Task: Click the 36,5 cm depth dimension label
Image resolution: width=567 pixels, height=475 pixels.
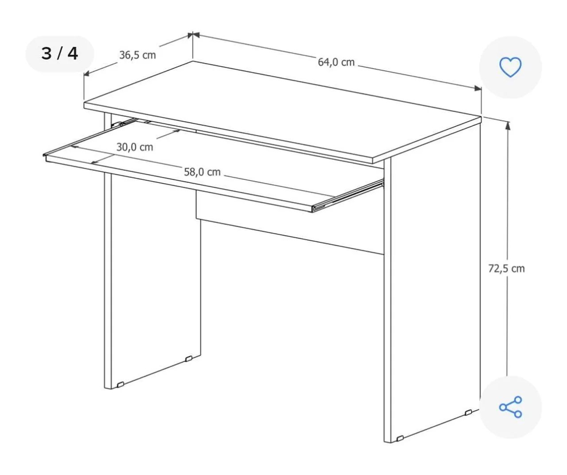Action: (x=137, y=55)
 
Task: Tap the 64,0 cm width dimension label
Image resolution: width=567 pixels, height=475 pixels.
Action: (x=336, y=62)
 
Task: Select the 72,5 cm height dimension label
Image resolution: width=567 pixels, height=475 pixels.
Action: (x=506, y=268)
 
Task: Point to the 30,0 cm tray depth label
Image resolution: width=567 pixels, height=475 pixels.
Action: (x=135, y=147)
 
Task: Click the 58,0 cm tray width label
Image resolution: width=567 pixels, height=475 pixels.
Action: (x=202, y=172)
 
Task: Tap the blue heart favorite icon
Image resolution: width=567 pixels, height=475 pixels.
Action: (x=510, y=67)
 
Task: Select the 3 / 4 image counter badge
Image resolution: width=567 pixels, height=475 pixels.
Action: (x=60, y=54)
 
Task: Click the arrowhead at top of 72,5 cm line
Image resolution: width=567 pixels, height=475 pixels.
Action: (x=507, y=126)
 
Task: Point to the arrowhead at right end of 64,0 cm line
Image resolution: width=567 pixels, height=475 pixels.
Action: (x=478, y=88)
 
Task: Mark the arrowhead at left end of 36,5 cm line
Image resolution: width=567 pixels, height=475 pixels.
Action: (x=87, y=73)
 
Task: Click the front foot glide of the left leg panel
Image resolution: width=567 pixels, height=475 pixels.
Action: (x=120, y=384)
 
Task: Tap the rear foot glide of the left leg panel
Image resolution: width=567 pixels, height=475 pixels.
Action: (x=188, y=359)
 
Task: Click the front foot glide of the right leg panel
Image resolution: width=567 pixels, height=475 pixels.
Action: (x=400, y=438)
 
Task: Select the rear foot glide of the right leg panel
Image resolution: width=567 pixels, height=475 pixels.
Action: (x=468, y=413)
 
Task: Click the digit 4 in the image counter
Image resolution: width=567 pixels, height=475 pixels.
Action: (x=73, y=54)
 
